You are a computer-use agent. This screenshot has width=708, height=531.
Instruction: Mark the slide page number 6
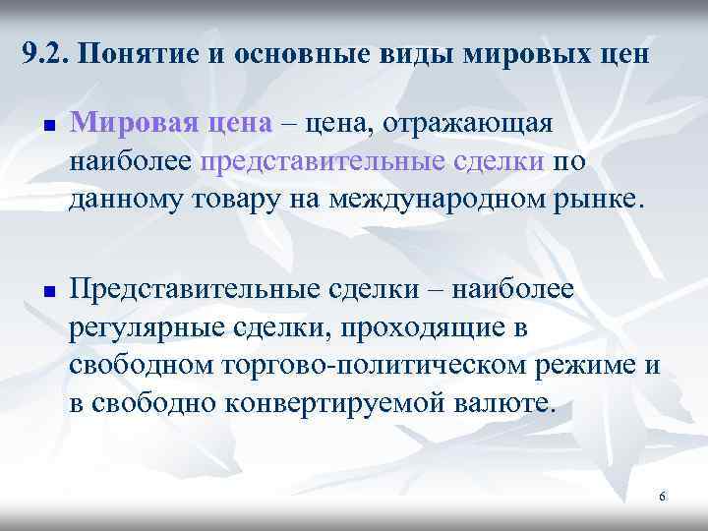pyautogui.click(x=662, y=497)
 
